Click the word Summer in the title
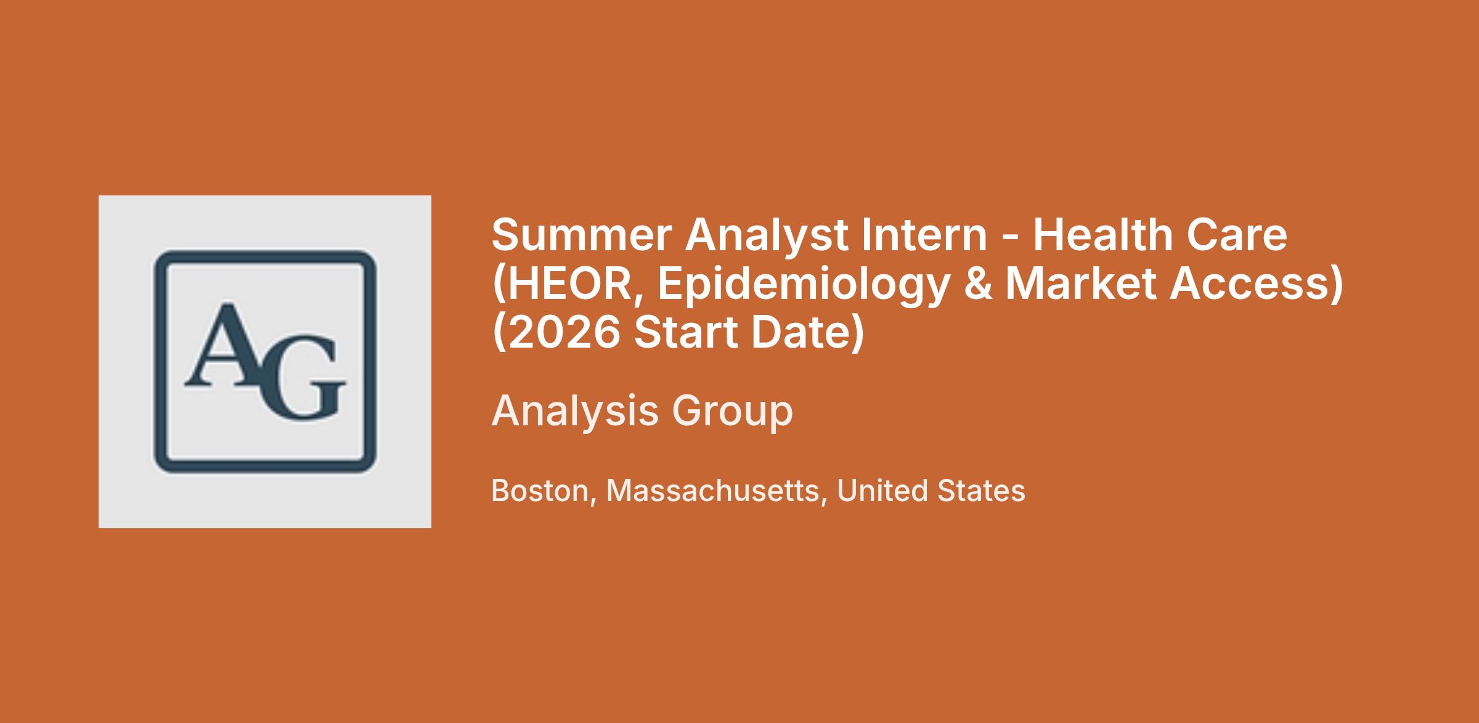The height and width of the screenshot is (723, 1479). [582, 235]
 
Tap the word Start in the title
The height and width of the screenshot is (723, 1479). [685, 332]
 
